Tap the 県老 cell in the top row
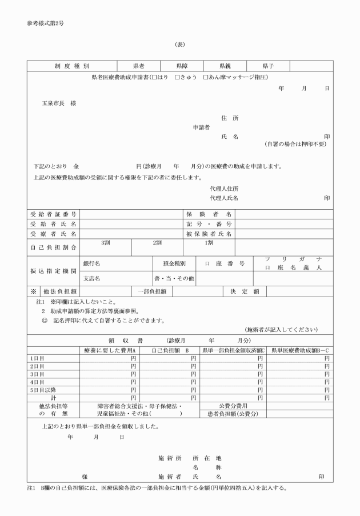[x=139, y=66]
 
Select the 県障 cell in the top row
[x=182, y=66]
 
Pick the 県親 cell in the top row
[x=225, y=66]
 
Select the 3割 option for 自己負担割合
[x=105, y=242]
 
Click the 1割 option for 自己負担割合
[x=209, y=242]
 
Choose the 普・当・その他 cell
[x=174, y=278]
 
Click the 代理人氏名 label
[x=224, y=198]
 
